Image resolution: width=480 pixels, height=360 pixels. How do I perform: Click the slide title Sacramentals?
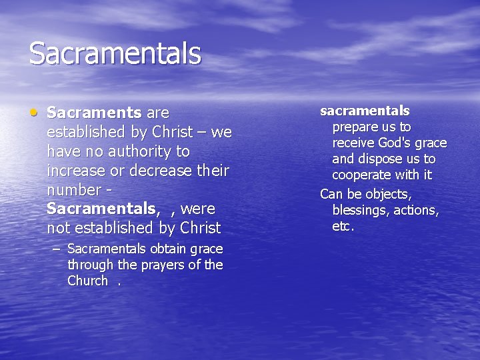[x=115, y=53]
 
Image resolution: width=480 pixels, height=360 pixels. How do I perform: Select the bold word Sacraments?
[x=94, y=113]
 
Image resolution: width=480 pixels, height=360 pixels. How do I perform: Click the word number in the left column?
[x=71, y=190]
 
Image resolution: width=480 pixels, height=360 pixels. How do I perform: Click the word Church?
[x=87, y=281]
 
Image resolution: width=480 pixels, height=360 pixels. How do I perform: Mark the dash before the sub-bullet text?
[x=55, y=249]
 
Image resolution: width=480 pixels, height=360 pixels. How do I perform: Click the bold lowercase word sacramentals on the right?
[x=365, y=111]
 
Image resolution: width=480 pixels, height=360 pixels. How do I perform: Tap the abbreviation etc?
[x=343, y=227]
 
